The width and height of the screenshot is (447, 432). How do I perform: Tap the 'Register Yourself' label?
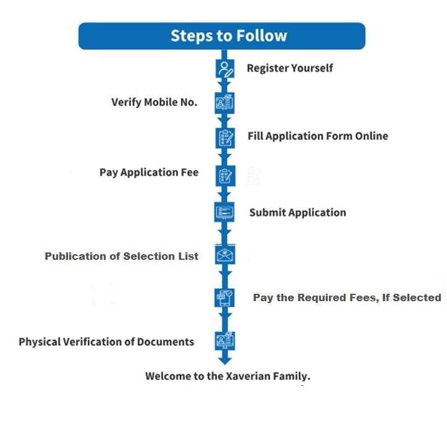point(289,68)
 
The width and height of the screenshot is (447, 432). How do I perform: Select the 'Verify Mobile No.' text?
point(154,102)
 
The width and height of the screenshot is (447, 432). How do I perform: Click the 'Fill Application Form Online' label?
point(318,136)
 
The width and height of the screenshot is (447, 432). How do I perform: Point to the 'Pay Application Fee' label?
point(149,172)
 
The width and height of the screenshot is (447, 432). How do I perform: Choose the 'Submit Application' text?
point(297,212)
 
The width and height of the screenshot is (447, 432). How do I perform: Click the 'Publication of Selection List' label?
point(122,256)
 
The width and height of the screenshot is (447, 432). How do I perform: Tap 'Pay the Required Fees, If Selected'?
point(347,297)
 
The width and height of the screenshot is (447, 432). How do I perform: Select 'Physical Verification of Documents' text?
point(106,341)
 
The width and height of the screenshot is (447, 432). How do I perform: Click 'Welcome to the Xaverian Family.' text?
point(228,376)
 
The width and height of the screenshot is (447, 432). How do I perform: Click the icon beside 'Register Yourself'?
point(224,69)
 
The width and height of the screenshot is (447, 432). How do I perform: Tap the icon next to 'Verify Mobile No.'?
point(224,102)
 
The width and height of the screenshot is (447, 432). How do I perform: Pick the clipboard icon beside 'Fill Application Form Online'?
point(224,137)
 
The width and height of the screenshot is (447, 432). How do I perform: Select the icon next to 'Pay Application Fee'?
point(224,175)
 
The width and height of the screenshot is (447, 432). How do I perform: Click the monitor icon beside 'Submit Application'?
point(224,212)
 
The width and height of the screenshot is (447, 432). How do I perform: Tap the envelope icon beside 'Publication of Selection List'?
point(224,255)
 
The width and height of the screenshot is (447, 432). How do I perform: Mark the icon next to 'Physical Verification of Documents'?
point(224,341)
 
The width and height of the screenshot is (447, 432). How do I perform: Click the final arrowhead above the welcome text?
point(224,359)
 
